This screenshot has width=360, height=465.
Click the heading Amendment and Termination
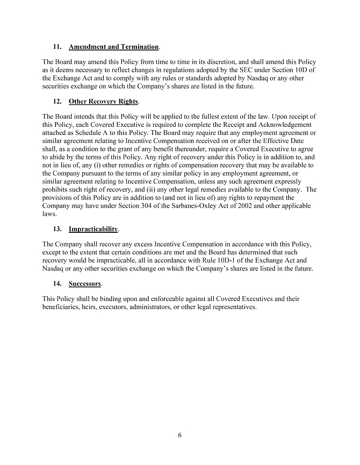click(114, 47)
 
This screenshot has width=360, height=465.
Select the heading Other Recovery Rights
click(103, 102)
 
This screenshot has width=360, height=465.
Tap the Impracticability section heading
click(93, 230)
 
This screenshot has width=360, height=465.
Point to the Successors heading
click(85, 284)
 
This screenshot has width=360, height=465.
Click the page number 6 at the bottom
click(180, 435)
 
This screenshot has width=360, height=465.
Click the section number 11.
click(57, 47)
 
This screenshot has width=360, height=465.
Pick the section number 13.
click(57, 230)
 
